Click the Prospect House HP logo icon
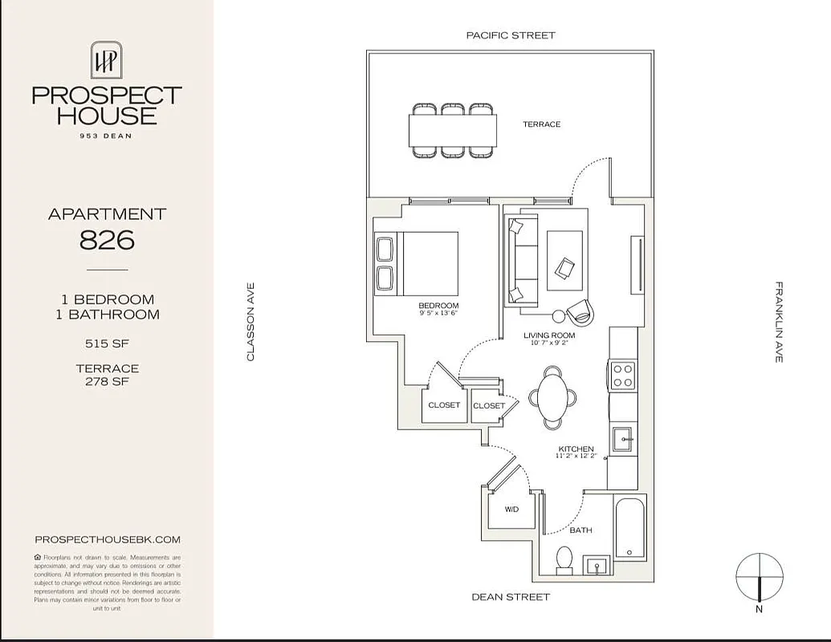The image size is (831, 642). tap(106, 60)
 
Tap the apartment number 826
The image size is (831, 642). tap(106, 239)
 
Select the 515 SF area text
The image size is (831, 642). tap(107, 343)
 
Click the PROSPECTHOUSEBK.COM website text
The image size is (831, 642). tap(108, 540)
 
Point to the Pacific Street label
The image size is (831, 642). tap(511, 35)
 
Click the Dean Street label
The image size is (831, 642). tap(511, 597)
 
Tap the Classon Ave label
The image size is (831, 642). tap(250, 321)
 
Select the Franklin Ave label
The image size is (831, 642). tap(778, 321)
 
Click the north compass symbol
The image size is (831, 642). tap(760, 578)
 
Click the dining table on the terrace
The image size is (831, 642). tap(452, 129)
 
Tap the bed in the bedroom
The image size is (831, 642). tap(417, 264)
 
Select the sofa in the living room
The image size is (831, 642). tap(520, 261)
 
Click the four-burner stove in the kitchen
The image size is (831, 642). tap(623, 375)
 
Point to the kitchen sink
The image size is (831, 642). tap(624, 440)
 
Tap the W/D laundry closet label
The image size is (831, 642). tap(511, 510)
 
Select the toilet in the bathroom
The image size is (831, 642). tap(564, 559)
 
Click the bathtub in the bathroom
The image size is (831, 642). tap(629, 527)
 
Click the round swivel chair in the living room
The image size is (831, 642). tap(579, 310)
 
